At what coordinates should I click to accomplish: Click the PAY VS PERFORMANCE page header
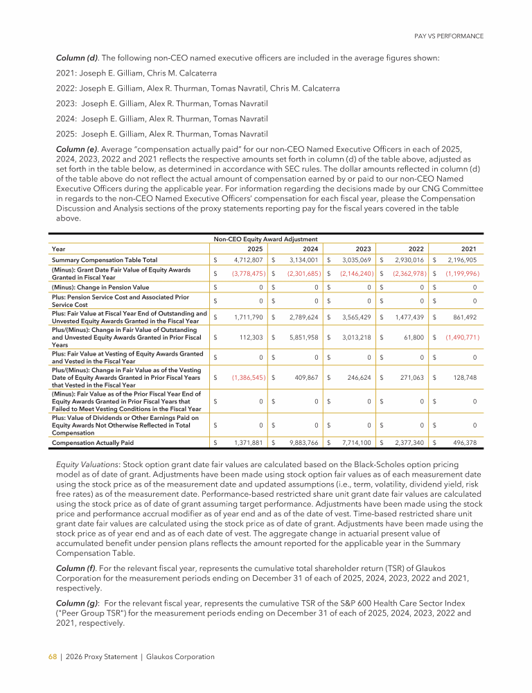coord(449,35)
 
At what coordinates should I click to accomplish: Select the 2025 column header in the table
coord(257,248)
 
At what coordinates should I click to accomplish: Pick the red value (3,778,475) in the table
coord(245,273)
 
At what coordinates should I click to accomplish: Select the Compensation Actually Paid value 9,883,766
coord(300,441)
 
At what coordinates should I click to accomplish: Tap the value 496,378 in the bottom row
coord(462,441)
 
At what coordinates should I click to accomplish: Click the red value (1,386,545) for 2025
coord(245,378)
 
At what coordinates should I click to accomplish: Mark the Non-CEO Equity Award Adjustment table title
coord(265,238)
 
